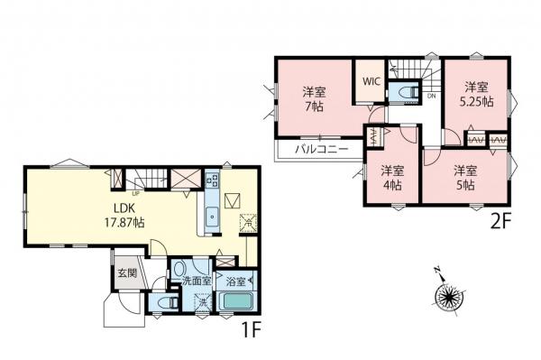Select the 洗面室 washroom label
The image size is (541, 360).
click(x=197, y=282)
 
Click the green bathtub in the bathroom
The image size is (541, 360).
click(x=235, y=302)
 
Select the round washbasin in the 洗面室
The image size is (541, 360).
click(x=179, y=268)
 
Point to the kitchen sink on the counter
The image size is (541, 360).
click(x=211, y=217)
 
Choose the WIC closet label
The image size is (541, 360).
click(x=371, y=80)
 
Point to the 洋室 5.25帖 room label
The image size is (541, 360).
click(x=477, y=94)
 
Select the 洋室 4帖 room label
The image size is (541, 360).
click(x=390, y=176)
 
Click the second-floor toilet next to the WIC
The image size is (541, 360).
click(x=407, y=93)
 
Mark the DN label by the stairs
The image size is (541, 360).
click(x=432, y=97)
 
